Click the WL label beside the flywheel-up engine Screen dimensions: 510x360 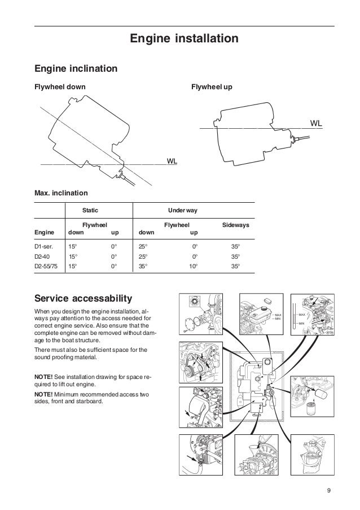[317, 123]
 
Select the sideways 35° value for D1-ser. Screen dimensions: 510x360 [235, 247]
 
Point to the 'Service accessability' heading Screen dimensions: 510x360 [83, 298]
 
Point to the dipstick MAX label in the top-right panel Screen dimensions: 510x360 [302, 314]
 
